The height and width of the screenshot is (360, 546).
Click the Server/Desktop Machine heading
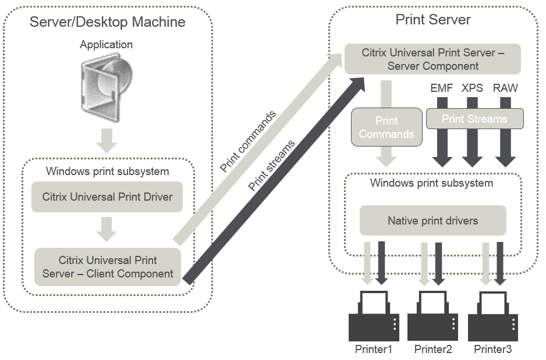point(108,22)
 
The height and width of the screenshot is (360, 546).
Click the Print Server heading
point(433,19)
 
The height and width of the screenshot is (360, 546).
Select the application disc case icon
point(107,87)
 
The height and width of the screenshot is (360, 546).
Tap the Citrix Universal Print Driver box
point(107,197)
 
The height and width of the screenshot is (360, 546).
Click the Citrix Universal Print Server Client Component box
point(107,266)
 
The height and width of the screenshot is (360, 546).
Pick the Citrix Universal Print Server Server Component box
point(433,59)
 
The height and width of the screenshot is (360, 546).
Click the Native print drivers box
point(432,220)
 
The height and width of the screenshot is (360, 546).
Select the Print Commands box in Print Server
point(386,127)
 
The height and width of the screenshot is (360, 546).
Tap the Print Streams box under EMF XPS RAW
point(474,119)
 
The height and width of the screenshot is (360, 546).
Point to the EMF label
point(442,88)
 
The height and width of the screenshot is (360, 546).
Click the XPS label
point(473,88)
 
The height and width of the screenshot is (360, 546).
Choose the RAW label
point(505,88)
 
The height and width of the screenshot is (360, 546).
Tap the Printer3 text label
point(493,350)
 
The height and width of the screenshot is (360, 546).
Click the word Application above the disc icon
point(107,45)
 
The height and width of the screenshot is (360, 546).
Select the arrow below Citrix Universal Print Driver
point(107,229)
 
